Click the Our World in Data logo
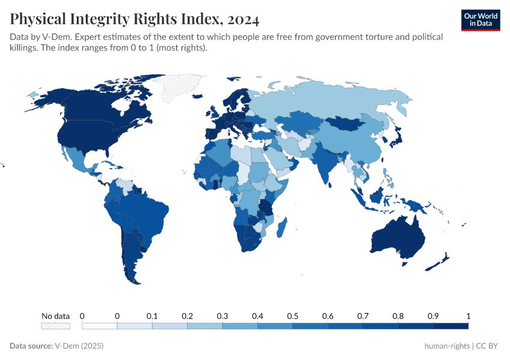pyautogui.click(x=481, y=20)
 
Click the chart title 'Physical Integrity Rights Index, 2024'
pyautogui.click(x=134, y=19)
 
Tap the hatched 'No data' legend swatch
pyautogui.click(x=55, y=326)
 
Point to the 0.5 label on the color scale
pyautogui.click(x=293, y=316)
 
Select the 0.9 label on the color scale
pyautogui.click(x=433, y=316)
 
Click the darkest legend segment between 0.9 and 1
pyautogui.click(x=451, y=326)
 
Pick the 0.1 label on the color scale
pyautogui.click(x=152, y=316)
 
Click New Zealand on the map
pyautogui.click(x=441, y=261)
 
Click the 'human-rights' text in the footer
pyautogui.click(x=447, y=346)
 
